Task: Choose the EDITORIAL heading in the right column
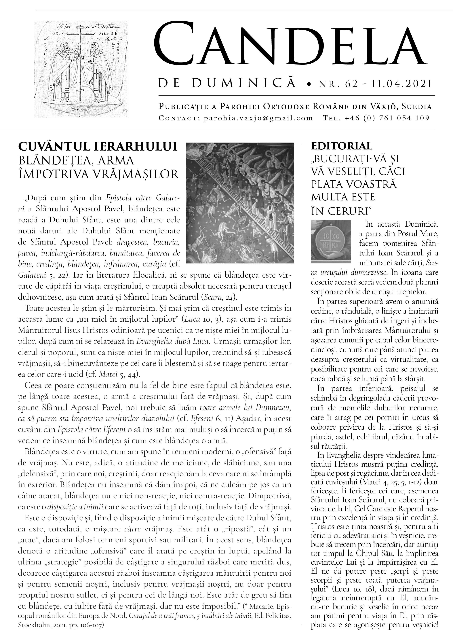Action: point(342,146)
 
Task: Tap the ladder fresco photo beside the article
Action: point(240,203)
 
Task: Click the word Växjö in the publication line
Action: point(381,107)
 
